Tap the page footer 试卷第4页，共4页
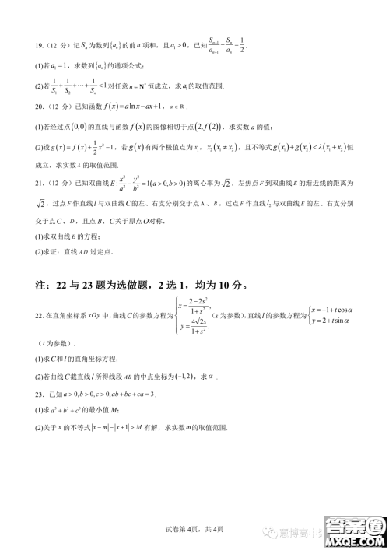(194, 529)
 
